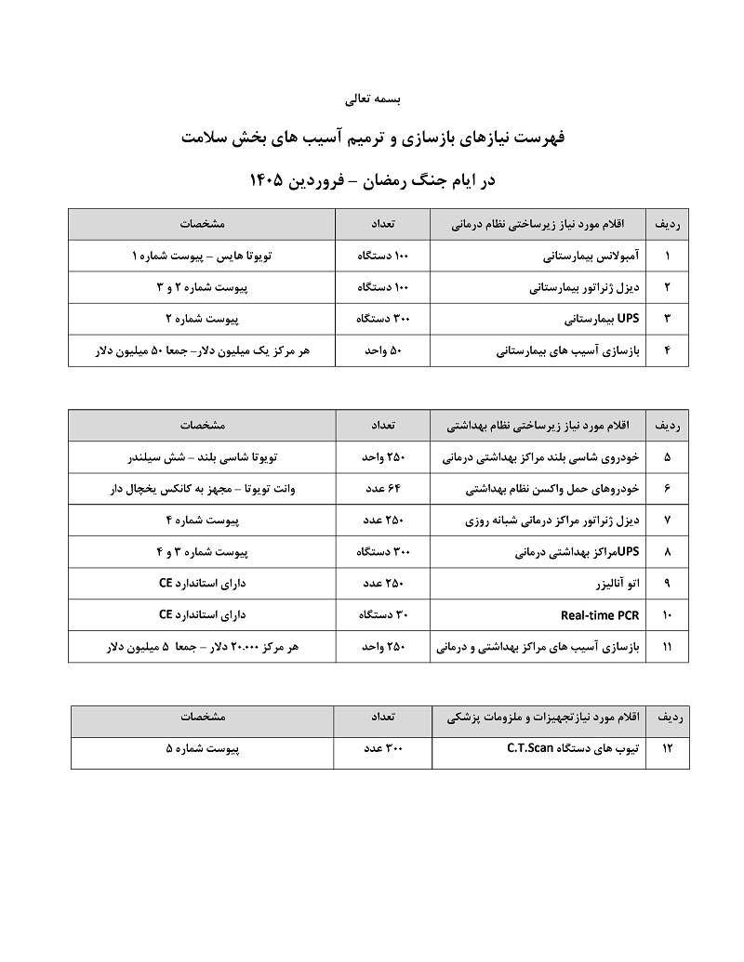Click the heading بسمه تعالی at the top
coord(370,97)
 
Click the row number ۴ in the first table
coord(667,351)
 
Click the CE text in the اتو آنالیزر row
coord(166,584)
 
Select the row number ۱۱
coord(667,647)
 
